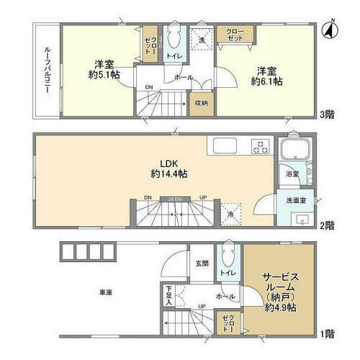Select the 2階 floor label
pos(328,226)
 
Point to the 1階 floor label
pos(328,334)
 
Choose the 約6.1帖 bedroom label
pos(267,76)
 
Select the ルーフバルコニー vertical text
pos(43,70)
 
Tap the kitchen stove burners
pos(260,148)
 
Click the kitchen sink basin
pos(222,146)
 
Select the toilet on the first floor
pos(228,253)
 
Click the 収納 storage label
pos(199,103)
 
